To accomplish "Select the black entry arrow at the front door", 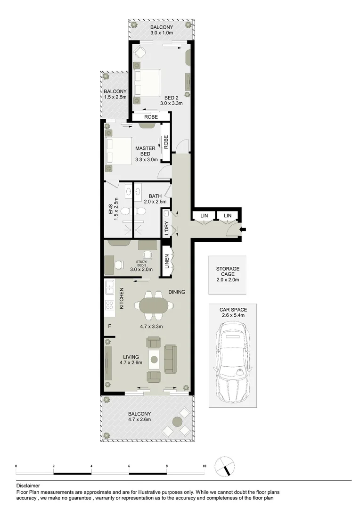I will [x=242, y=230].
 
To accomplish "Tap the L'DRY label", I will [x=166, y=228].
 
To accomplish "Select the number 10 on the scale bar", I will [x=204, y=466].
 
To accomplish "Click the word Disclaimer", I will [x=28, y=485].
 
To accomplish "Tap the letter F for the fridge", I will [x=109, y=326].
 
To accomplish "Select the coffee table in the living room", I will [x=154, y=361].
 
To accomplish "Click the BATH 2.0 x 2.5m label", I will [x=155, y=199].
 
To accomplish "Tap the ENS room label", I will [x=110, y=209].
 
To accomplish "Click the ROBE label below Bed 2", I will [x=151, y=117].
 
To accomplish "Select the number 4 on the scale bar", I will [x=91, y=466].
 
